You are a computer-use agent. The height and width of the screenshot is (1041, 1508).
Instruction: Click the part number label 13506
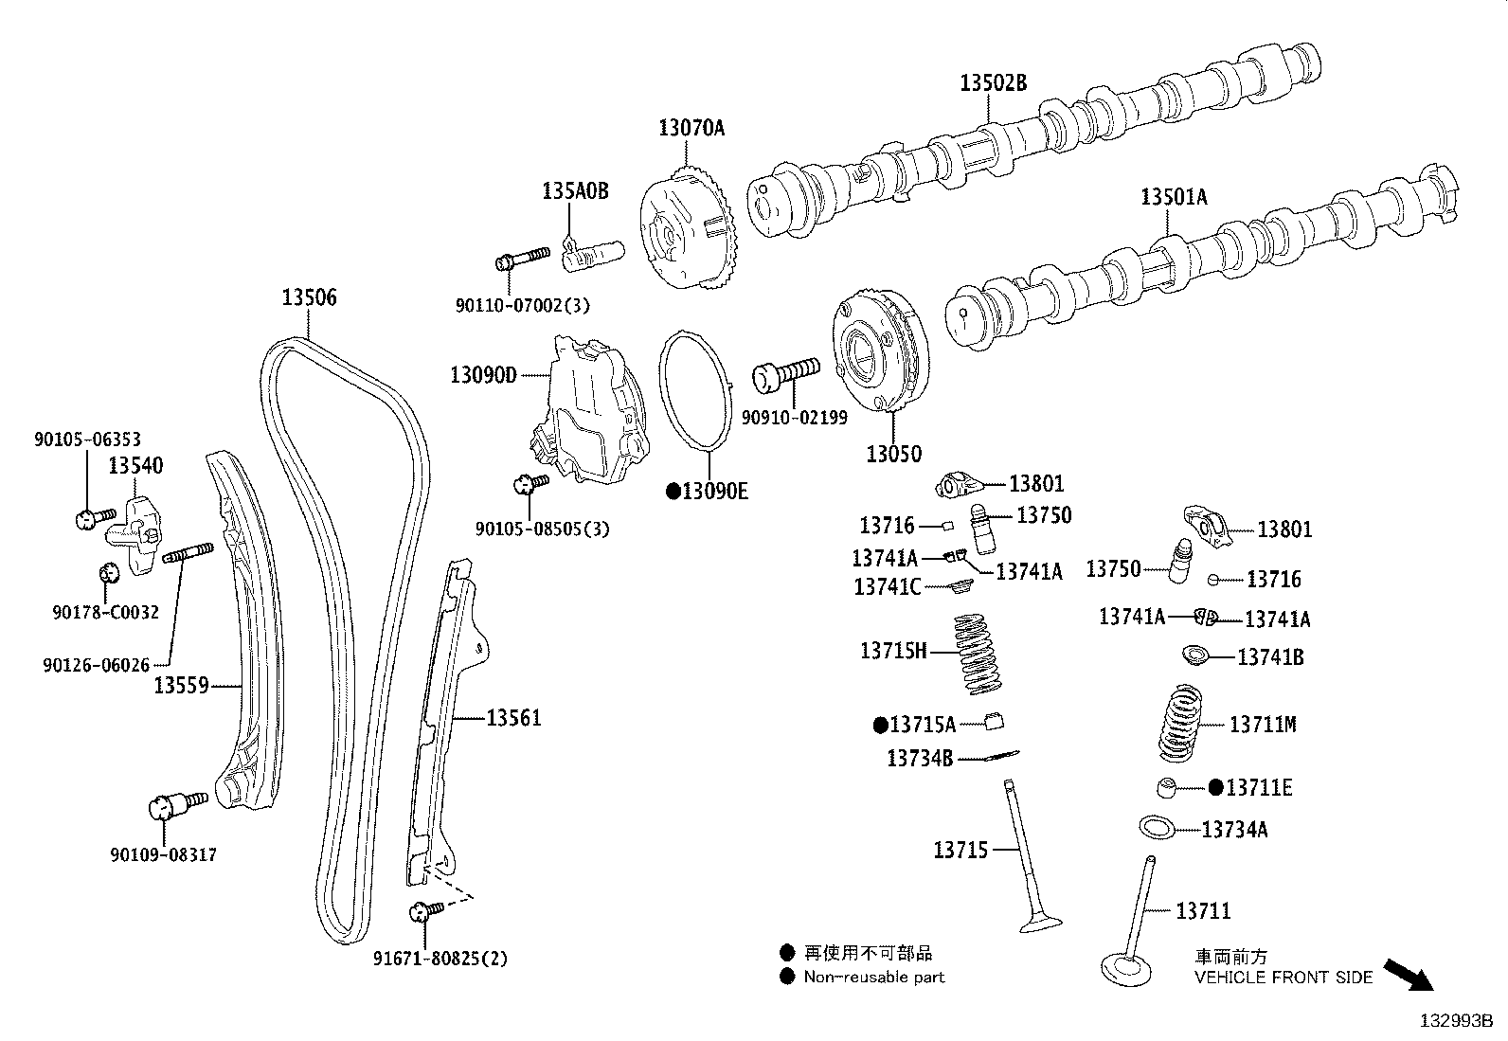(309, 297)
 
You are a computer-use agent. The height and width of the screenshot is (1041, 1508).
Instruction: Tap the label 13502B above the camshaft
(993, 82)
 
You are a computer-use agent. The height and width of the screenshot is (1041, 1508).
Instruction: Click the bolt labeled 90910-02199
(785, 373)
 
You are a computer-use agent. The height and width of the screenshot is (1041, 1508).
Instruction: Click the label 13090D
(483, 375)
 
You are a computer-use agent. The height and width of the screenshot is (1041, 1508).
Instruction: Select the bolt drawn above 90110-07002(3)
(522, 258)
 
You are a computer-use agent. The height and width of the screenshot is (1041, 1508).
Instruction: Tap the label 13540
(135, 465)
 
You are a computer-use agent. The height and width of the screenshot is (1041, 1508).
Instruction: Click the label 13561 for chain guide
(514, 718)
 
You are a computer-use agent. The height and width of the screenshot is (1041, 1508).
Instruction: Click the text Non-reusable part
(873, 977)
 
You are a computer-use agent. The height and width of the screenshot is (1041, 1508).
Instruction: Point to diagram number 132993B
(1455, 1021)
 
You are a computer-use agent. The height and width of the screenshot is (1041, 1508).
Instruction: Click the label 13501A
(1174, 197)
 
